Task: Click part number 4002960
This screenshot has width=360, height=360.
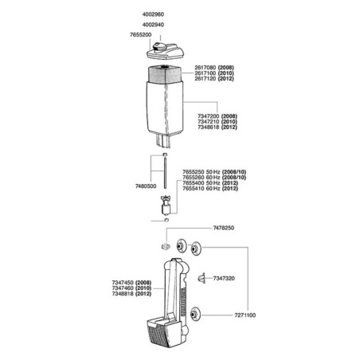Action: tap(153, 14)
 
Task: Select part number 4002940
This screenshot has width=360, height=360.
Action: tap(153, 25)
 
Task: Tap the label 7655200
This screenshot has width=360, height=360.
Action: tap(140, 35)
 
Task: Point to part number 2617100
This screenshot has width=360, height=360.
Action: tap(205, 73)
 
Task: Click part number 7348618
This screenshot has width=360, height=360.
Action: tap(209, 127)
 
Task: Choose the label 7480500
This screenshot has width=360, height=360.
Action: tap(146, 186)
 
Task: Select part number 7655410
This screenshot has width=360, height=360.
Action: tap(194, 189)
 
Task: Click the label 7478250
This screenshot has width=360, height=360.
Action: tap(224, 228)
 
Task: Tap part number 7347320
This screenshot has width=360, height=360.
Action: tap(224, 278)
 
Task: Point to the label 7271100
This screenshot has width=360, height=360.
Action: tap(245, 315)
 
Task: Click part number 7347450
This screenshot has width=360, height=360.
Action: tap(123, 283)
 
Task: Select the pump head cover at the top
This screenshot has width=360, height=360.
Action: tap(165, 51)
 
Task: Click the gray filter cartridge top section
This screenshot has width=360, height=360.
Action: tap(165, 74)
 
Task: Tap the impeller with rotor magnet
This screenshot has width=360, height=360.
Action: tap(166, 205)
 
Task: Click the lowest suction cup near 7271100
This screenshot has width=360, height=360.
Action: tap(196, 315)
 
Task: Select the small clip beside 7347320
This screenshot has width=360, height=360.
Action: tap(202, 278)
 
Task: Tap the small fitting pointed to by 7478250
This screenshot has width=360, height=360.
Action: tap(166, 247)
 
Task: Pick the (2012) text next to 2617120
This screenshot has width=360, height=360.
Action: tap(226, 79)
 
